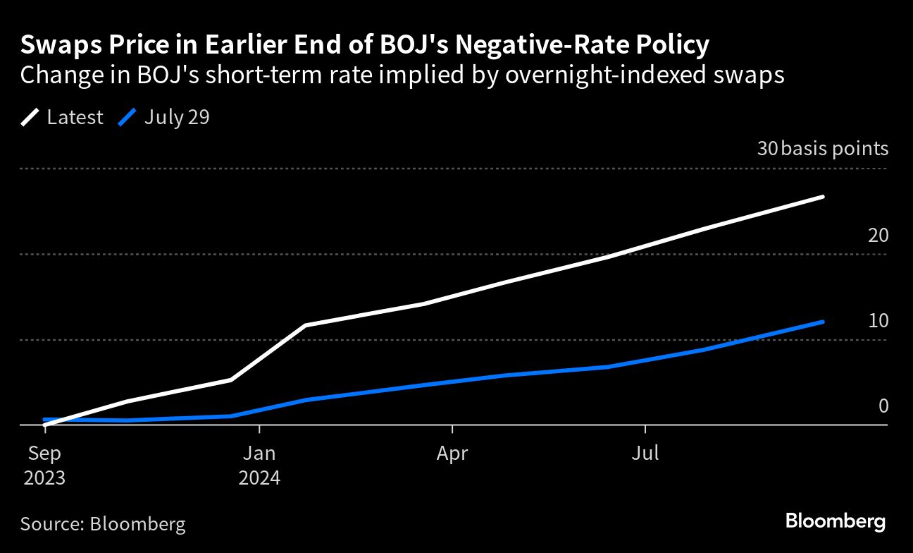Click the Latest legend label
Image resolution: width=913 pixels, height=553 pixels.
coord(75,117)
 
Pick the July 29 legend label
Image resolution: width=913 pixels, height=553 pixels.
coord(177,117)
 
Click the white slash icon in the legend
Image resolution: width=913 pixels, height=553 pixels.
coord(31,117)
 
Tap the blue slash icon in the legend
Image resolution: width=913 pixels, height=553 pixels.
coord(128,117)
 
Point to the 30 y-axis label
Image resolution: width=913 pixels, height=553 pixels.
coord(766,149)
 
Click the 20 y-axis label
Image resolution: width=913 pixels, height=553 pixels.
coord(878,236)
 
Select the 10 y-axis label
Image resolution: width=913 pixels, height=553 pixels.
coord(878,321)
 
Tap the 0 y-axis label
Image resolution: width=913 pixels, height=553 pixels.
coord(883,406)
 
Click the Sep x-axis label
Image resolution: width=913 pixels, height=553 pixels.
coord(44,453)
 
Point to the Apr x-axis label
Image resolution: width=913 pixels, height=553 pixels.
coord(452,453)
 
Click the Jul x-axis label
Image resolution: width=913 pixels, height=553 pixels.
coord(645,453)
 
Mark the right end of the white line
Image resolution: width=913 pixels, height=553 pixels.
coord(823,197)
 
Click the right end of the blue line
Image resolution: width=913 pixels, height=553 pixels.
coord(823,322)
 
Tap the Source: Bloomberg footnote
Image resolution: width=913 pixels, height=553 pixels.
coord(103,524)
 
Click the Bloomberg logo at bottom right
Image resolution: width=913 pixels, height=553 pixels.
coord(835,522)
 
